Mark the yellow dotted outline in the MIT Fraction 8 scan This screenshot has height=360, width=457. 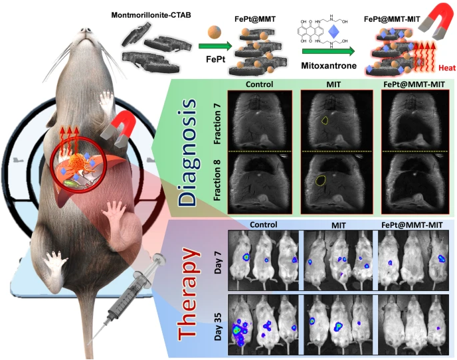pyautogui.click(x=321, y=179)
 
